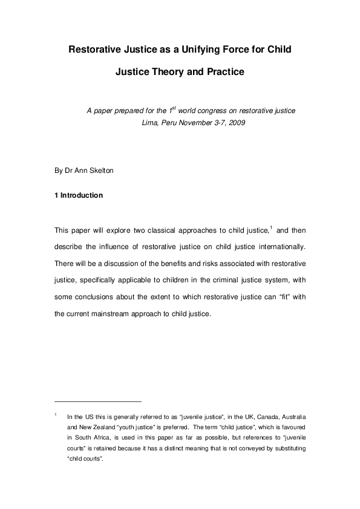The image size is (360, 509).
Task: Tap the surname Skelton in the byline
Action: tap(100, 170)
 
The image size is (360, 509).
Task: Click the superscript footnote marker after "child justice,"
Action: tap(271, 227)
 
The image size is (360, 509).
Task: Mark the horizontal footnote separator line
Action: tap(97, 401)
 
